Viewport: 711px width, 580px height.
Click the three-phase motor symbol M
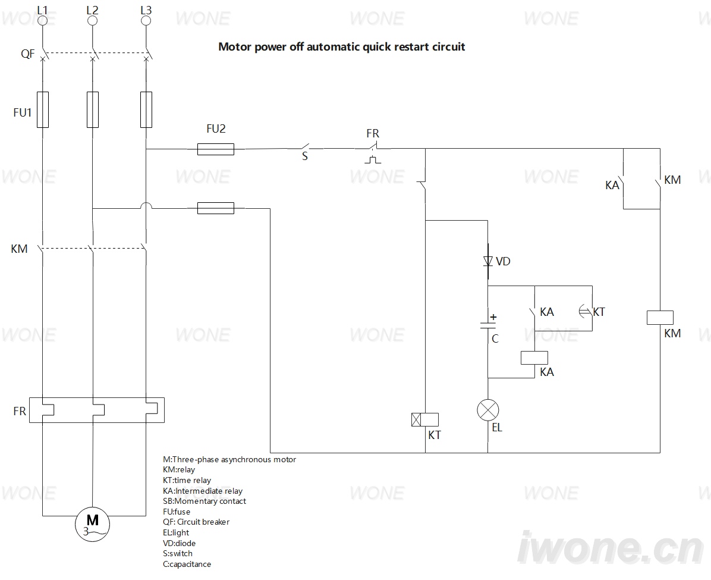pos(92,524)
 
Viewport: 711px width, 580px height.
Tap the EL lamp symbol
pos(488,410)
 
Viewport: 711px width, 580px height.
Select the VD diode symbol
pos(488,261)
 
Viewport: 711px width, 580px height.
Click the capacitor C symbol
pos(488,324)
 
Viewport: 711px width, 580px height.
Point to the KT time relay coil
pos(425,419)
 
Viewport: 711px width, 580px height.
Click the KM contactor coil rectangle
pos(660,317)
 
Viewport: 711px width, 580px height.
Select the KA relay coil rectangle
pos(534,358)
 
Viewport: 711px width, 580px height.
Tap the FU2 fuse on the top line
pos(216,149)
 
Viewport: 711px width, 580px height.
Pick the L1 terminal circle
pos(42,20)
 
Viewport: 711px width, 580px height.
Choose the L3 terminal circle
pos(146,20)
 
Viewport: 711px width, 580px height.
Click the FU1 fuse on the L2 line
pos(93,110)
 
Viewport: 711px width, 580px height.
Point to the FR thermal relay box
pos(96,410)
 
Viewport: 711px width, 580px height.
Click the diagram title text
pos(341,47)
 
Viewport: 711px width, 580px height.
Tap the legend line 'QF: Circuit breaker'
pos(196,522)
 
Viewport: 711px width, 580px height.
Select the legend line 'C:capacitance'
pos(187,564)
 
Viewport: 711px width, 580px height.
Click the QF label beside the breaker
pos(27,54)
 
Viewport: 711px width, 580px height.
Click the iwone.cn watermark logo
pos(611,548)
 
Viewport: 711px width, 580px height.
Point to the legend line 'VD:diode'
pos(179,543)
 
